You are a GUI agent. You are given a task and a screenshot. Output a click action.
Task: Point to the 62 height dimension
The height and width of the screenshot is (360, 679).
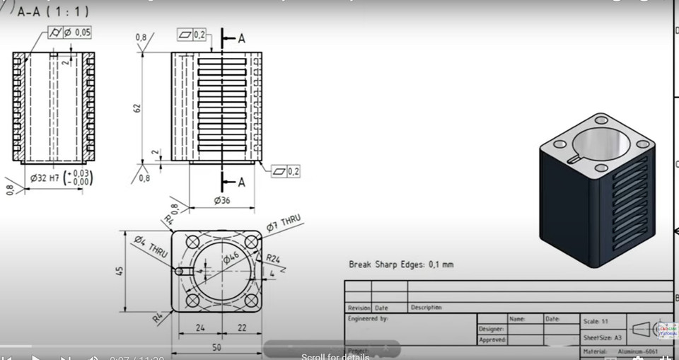[139, 108]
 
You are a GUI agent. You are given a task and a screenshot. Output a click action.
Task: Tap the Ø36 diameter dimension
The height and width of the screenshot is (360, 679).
[223, 201]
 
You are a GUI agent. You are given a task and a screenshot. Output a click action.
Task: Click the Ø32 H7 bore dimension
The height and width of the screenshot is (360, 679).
[59, 177]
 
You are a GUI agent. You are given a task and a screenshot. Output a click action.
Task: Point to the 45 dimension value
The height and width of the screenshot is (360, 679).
[120, 271]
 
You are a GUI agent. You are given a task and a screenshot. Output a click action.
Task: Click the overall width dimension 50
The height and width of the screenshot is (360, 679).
[216, 348]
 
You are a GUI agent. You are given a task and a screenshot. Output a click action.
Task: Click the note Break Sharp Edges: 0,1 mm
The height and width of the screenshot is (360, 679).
[401, 265]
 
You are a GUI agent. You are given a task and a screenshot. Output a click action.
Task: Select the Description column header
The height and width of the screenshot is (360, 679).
[426, 308]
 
